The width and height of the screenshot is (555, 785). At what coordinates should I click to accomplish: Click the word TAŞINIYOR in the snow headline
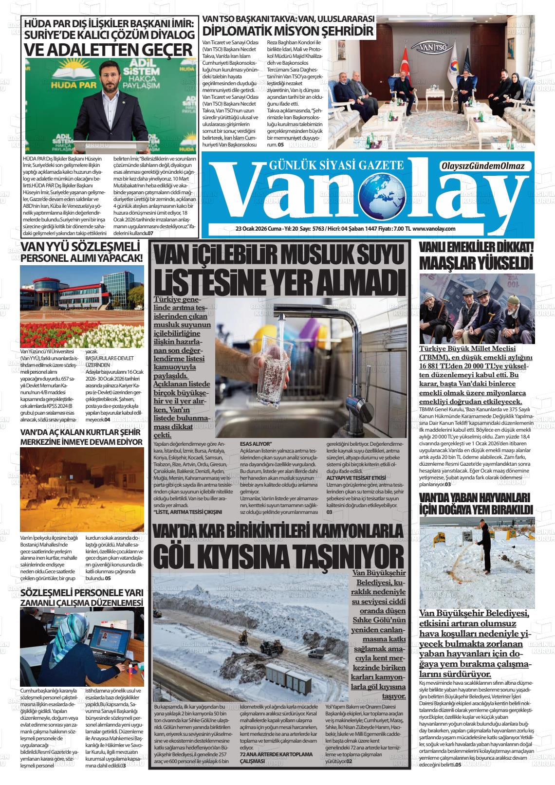pos(339,554)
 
